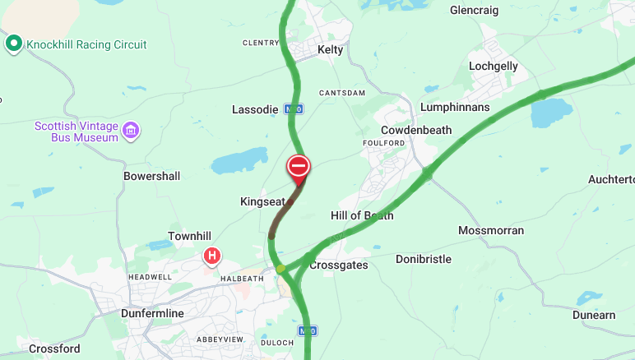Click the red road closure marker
coord(298,167)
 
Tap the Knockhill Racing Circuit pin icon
coord(13,44)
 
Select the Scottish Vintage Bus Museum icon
coord(131,129)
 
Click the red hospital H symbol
coord(212,256)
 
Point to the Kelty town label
coord(331,50)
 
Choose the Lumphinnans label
coord(455,107)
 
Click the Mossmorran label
coord(490,230)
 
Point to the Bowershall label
coord(151,176)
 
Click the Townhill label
coord(190,236)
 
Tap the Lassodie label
coord(255,108)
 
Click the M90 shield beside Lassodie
coord(294,108)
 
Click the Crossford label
coord(54,348)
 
